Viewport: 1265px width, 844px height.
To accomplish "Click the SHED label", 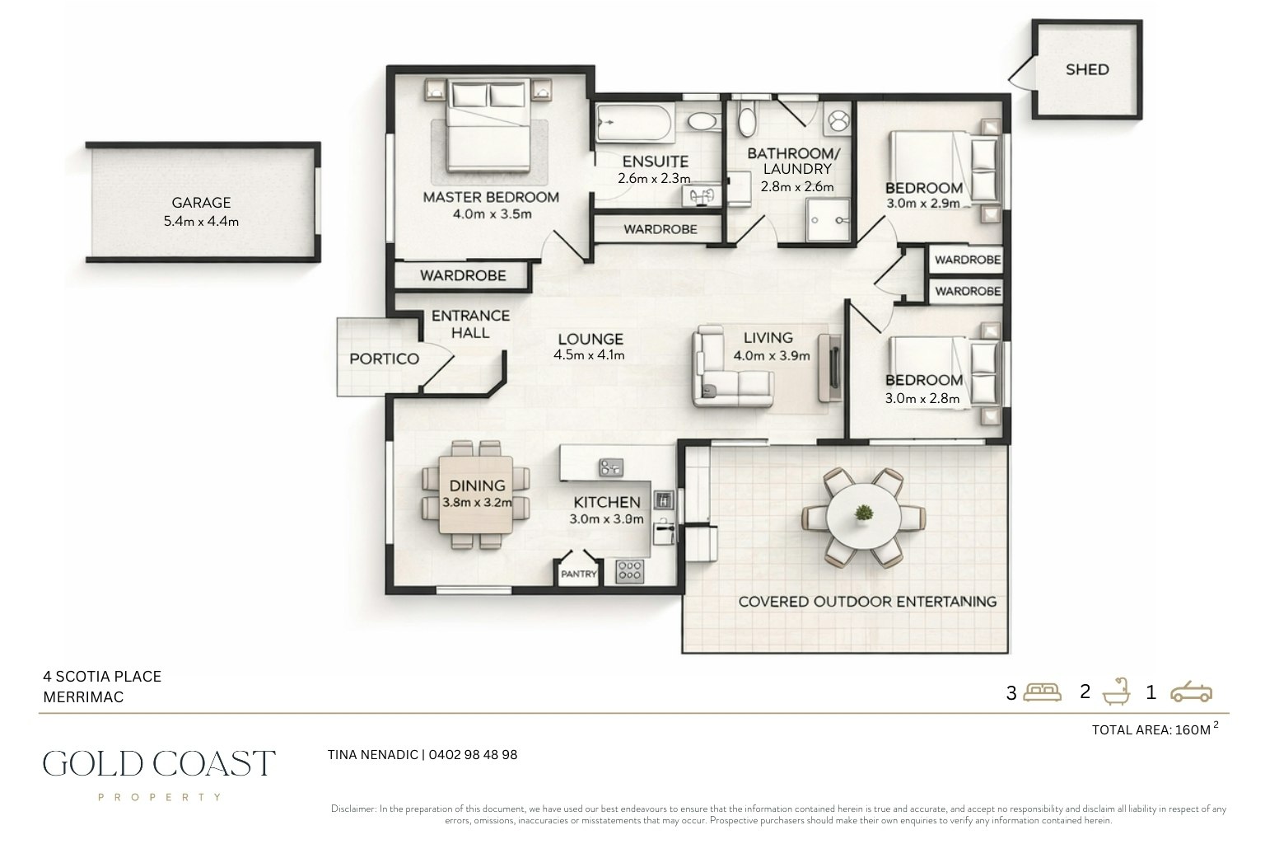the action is click(1087, 69).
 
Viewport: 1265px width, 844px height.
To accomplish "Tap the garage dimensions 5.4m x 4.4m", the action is click(201, 221).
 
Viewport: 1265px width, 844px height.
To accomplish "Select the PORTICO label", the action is click(384, 359).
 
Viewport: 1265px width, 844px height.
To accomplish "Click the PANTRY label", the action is click(578, 574).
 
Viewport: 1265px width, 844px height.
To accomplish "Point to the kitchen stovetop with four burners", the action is click(629, 571).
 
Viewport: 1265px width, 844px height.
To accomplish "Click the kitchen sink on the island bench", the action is click(611, 467).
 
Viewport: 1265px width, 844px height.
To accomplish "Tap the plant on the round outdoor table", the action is click(863, 513).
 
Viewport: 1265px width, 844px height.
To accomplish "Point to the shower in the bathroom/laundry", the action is click(829, 219).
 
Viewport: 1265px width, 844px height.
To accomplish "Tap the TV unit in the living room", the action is click(830, 368).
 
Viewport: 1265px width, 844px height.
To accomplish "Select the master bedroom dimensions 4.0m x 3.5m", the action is click(492, 214).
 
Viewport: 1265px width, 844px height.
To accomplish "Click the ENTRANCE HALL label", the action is click(470, 324).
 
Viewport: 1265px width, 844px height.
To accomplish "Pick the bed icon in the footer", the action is click(1042, 692).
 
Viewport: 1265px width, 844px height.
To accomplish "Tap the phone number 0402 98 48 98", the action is click(473, 755).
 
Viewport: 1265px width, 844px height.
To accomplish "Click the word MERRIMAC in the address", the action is click(83, 697).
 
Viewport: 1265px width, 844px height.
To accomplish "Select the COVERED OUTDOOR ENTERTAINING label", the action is click(867, 602).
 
